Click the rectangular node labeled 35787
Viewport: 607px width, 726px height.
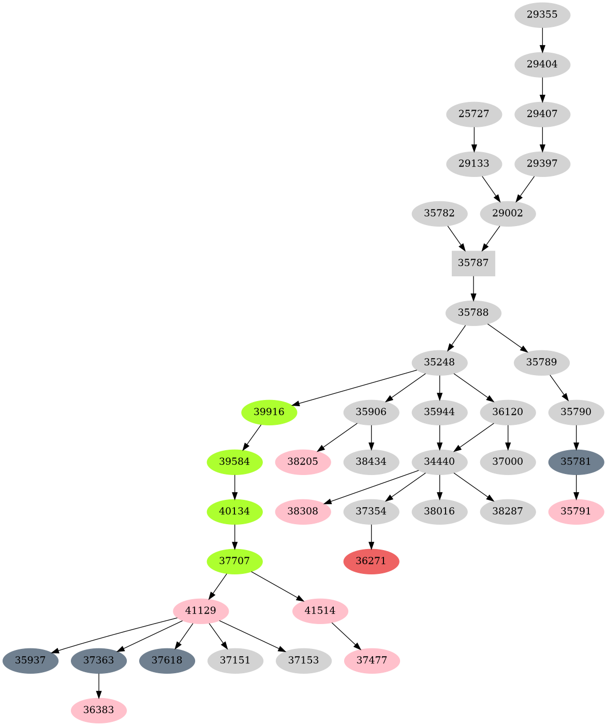tap(473, 263)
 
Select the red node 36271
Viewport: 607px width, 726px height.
tap(371, 561)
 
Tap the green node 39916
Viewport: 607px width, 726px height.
tap(269, 412)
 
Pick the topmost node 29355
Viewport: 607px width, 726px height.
tap(542, 14)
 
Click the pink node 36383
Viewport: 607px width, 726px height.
tap(98, 710)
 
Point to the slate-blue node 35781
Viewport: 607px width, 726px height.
tap(575, 462)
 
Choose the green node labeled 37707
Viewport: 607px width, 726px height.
tap(234, 561)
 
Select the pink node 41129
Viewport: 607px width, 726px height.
tap(200, 611)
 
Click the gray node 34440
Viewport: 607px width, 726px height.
tap(439, 462)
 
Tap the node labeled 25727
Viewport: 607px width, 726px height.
tap(473, 114)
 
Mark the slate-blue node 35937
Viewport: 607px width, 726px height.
tap(30, 661)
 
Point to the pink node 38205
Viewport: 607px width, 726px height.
tap(303, 462)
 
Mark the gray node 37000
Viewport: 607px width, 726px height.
tap(508, 462)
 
